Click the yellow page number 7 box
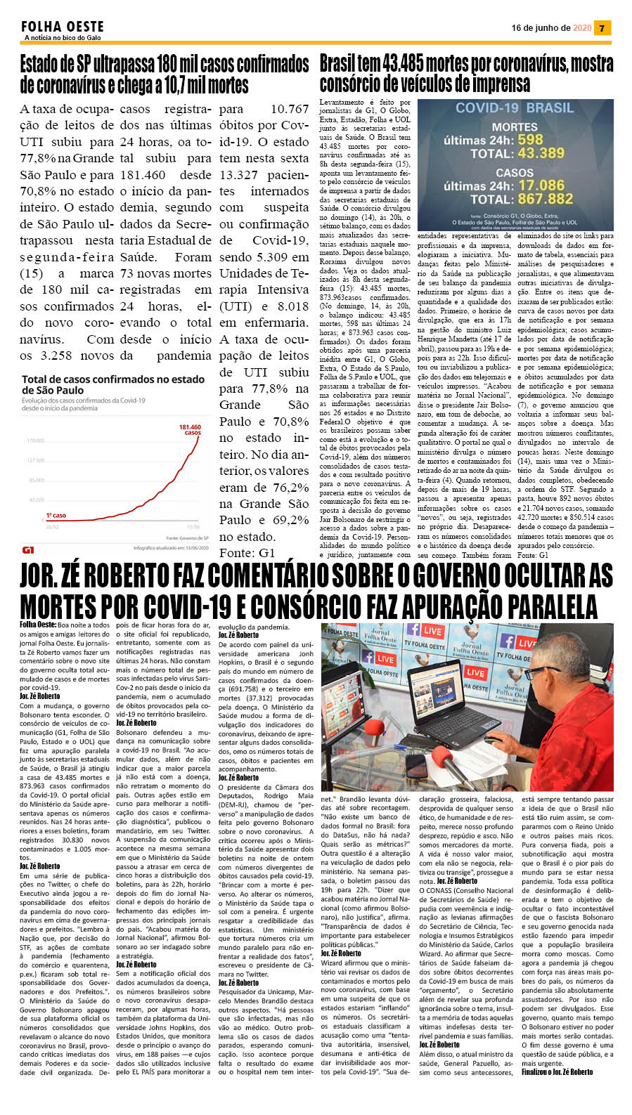click(x=602, y=28)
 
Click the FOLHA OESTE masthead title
click(x=63, y=27)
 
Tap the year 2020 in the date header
click(x=582, y=28)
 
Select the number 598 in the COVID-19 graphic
click(x=530, y=140)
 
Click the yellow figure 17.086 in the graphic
click(x=541, y=185)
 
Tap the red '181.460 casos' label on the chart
click(x=190, y=429)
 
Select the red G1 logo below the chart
click(x=28, y=549)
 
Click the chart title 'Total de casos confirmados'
click(x=112, y=384)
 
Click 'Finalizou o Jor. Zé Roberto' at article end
click(x=557, y=1072)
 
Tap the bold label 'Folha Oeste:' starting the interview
click(x=38, y=624)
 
